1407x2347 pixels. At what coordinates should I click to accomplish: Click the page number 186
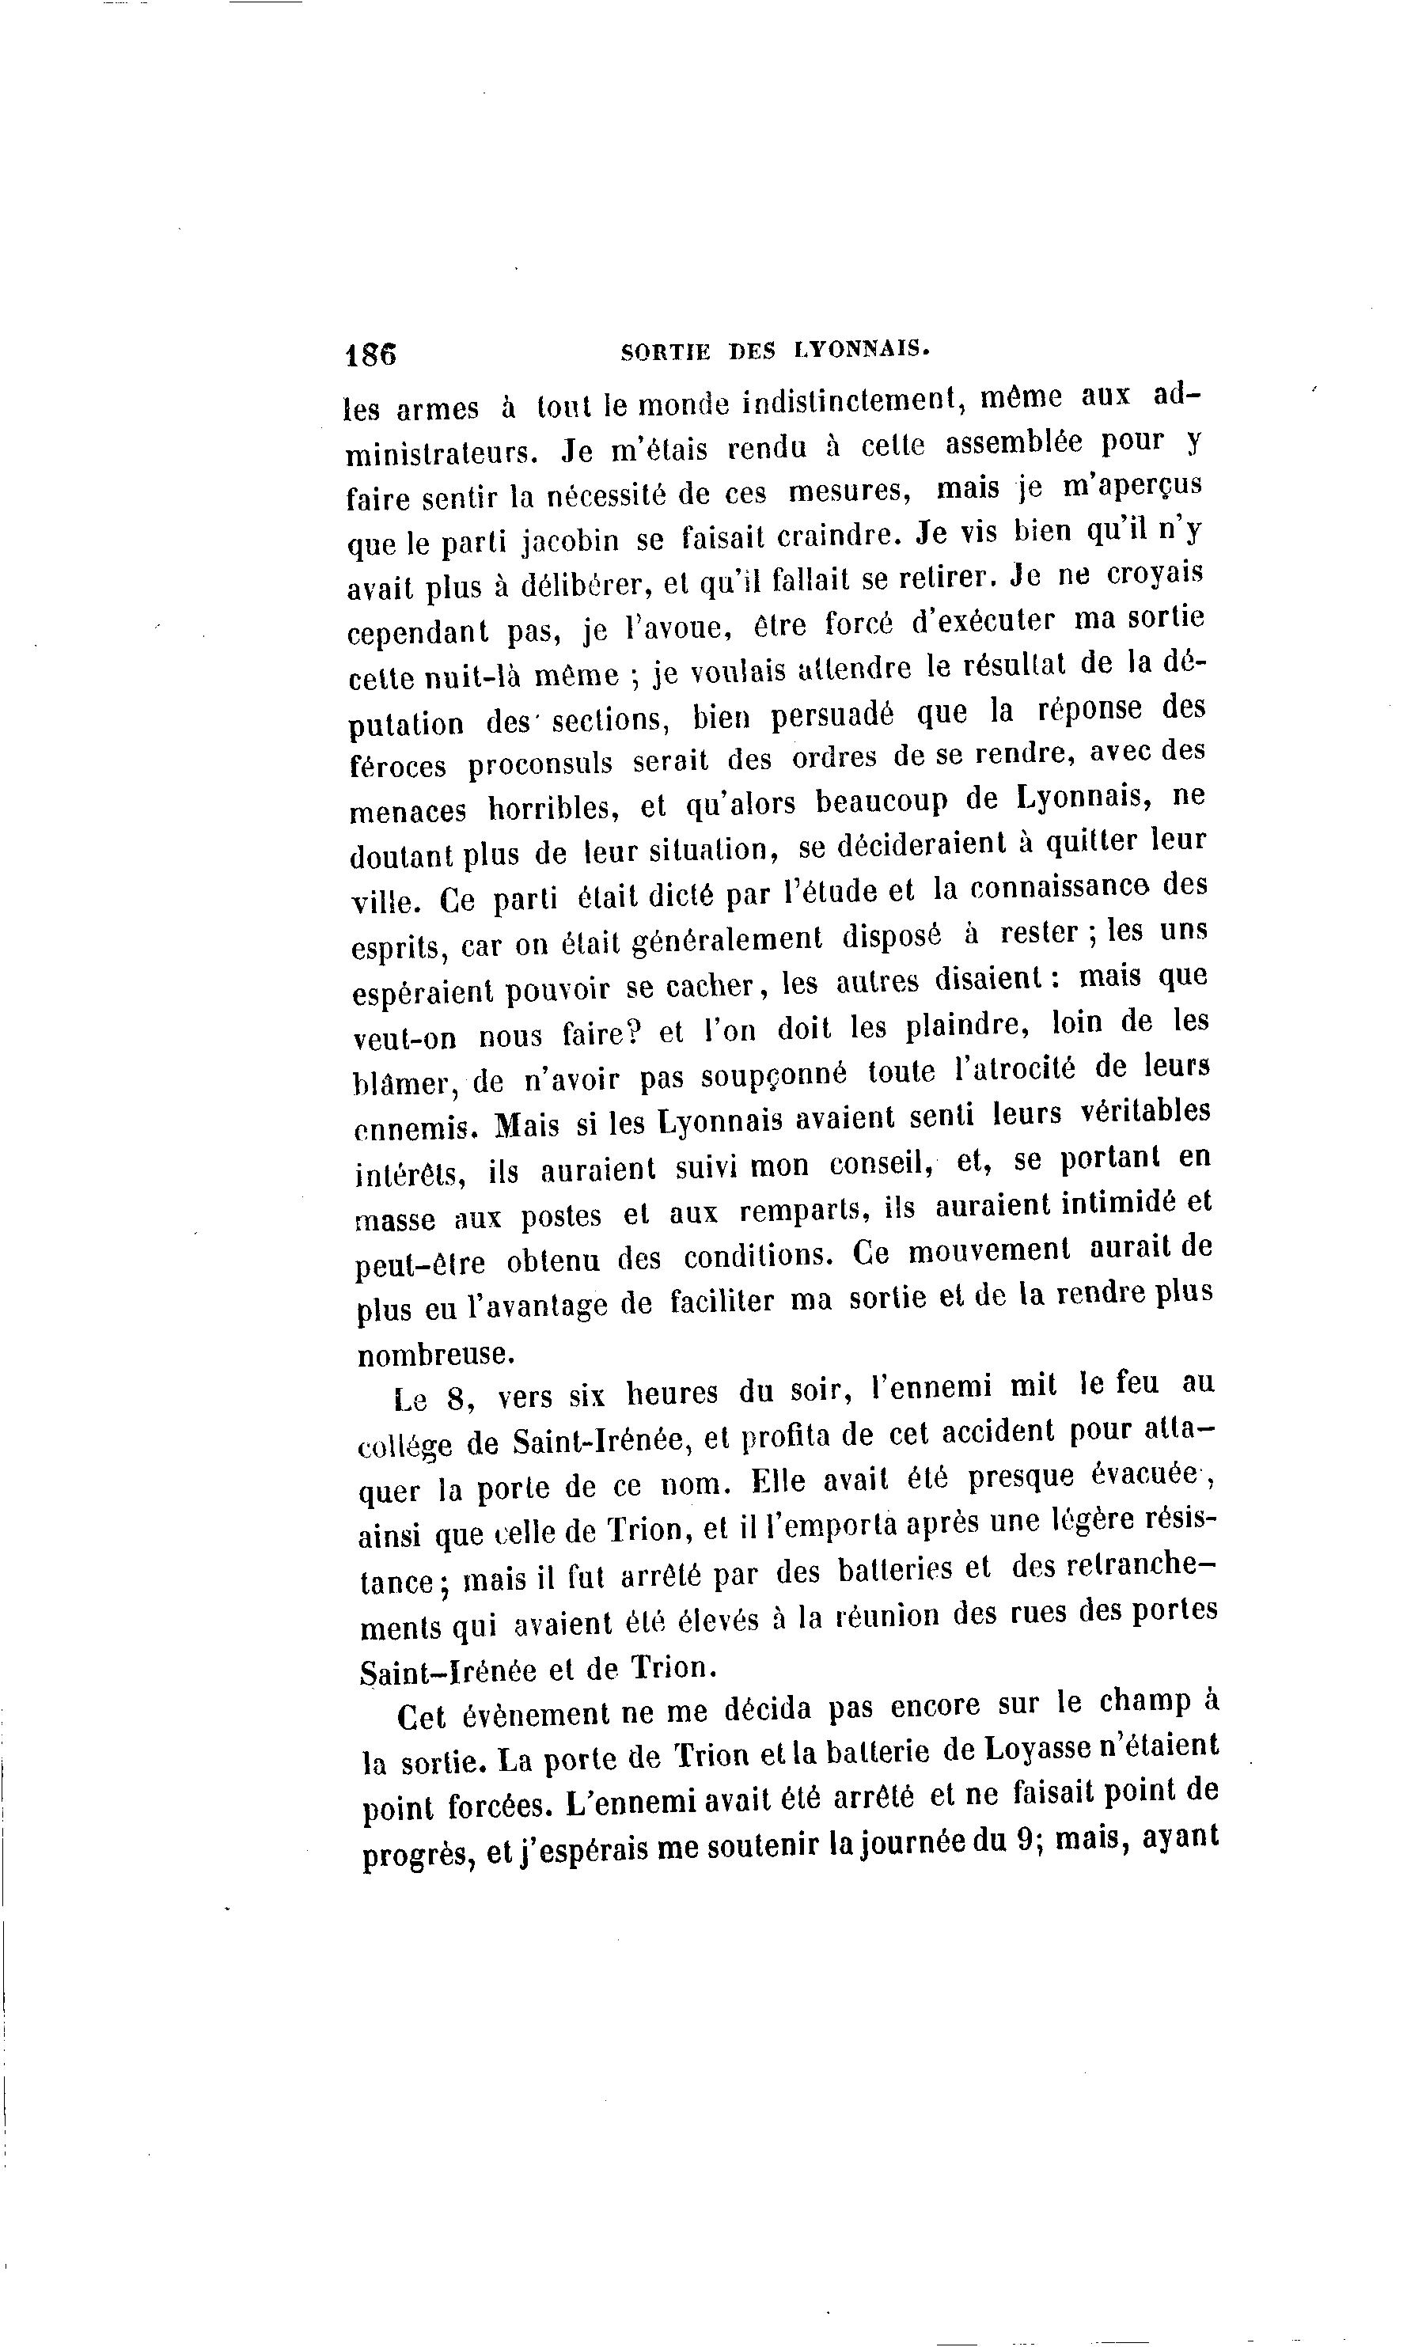(x=370, y=354)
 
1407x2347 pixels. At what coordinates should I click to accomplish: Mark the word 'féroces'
(x=397, y=766)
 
